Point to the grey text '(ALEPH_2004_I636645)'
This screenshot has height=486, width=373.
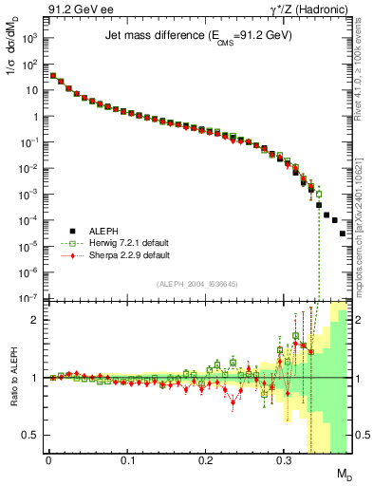click(x=197, y=284)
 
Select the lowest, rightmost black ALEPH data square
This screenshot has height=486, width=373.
click(x=343, y=260)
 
